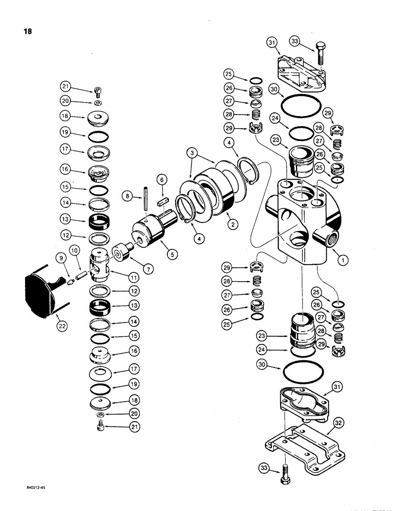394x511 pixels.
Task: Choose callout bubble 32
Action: pyautogui.click(x=337, y=423)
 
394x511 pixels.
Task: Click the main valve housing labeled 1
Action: pyautogui.click(x=301, y=220)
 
